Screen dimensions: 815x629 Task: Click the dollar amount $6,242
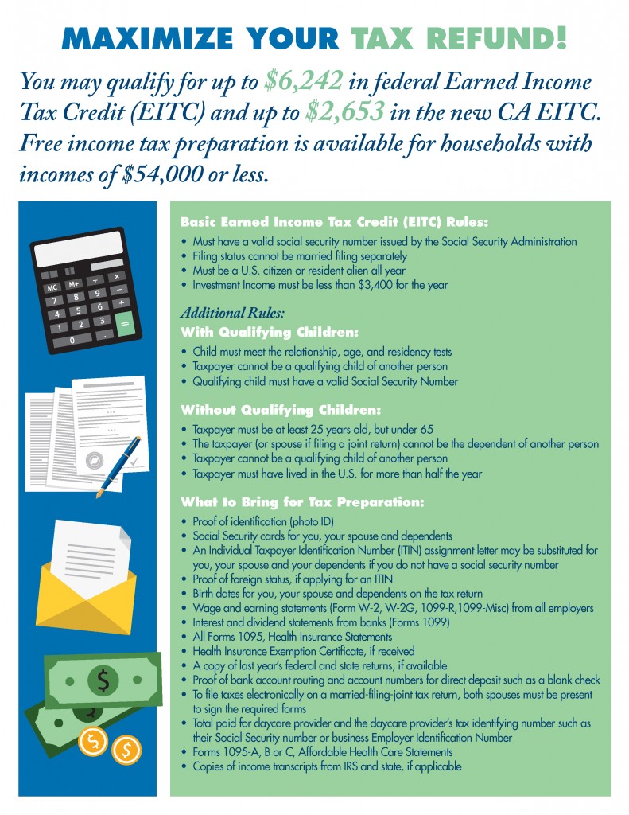click(305, 81)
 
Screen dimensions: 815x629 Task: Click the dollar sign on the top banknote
click(103, 680)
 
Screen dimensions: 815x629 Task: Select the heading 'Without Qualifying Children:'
click(281, 410)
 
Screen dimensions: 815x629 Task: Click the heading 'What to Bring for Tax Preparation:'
click(303, 502)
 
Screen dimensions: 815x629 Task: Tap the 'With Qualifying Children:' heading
click(270, 331)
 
